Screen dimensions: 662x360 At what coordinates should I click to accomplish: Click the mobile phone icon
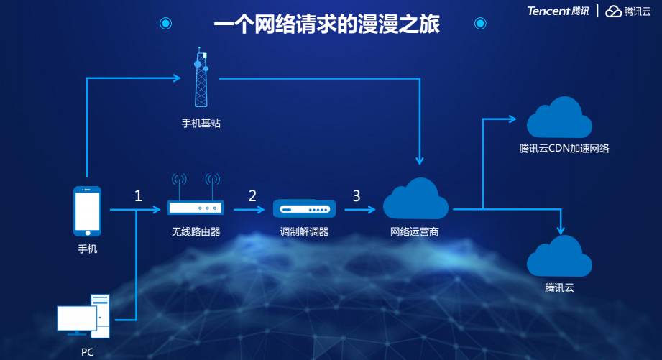pyautogui.click(x=87, y=211)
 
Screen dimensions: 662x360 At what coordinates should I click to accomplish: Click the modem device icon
pyautogui.click(x=304, y=209)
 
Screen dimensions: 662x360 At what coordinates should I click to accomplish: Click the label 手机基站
pyautogui.click(x=201, y=124)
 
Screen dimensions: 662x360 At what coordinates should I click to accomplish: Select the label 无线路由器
pyautogui.click(x=196, y=231)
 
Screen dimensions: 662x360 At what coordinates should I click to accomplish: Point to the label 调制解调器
pyautogui.click(x=304, y=231)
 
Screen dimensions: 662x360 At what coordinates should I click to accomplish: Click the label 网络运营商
pyautogui.click(x=414, y=231)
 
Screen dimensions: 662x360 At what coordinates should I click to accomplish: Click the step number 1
pyautogui.click(x=138, y=195)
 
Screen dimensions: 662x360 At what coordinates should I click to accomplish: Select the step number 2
pyautogui.click(x=252, y=195)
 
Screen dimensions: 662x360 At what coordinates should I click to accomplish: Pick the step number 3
pyautogui.click(x=356, y=195)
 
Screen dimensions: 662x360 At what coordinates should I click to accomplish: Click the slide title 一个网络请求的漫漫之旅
pyautogui.click(x=326, y=24)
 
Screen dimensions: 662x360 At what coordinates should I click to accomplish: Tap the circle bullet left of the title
pyautogui.click(x=166, y=24)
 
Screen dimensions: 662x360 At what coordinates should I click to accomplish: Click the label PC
pyautogui.click(x=87, y=352)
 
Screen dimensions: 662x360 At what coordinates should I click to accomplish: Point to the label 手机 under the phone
pyautogui.click(x=87, y=249)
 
